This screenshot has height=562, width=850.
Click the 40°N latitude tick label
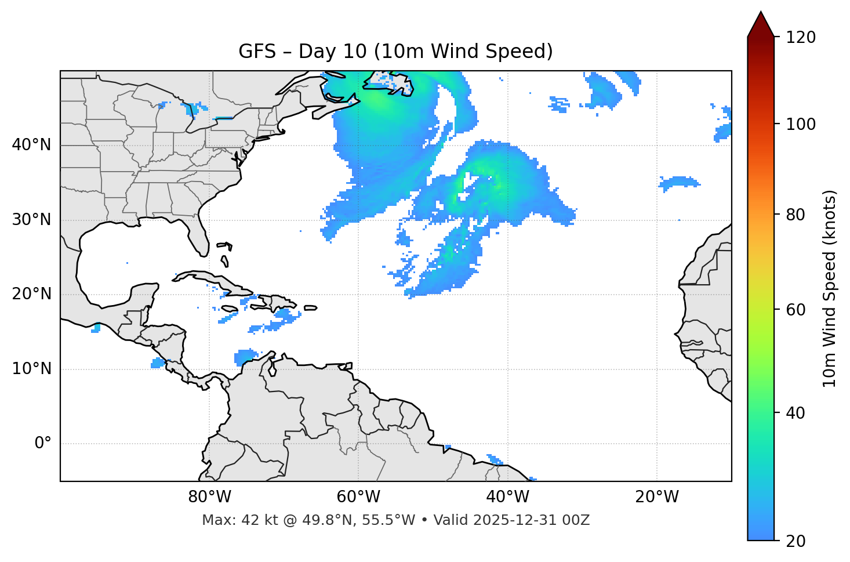[31, 145]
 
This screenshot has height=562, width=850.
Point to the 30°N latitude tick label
[31, 220]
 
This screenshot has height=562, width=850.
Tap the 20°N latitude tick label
[31, 294]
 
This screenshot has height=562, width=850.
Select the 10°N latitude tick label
[31, 369]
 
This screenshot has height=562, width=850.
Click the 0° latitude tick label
[43, 444]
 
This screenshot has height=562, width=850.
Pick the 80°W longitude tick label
[209, 497]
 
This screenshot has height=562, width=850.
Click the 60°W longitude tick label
[358, 497]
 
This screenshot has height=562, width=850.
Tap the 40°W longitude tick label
[507, 497]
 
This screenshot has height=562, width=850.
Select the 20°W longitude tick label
[657, 497]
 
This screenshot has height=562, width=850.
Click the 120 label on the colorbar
[800, 38]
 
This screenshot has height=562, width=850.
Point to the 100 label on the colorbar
[800, 124]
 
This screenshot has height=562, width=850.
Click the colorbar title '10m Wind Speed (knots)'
[830, 289]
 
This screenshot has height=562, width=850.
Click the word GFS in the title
[257, 52]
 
